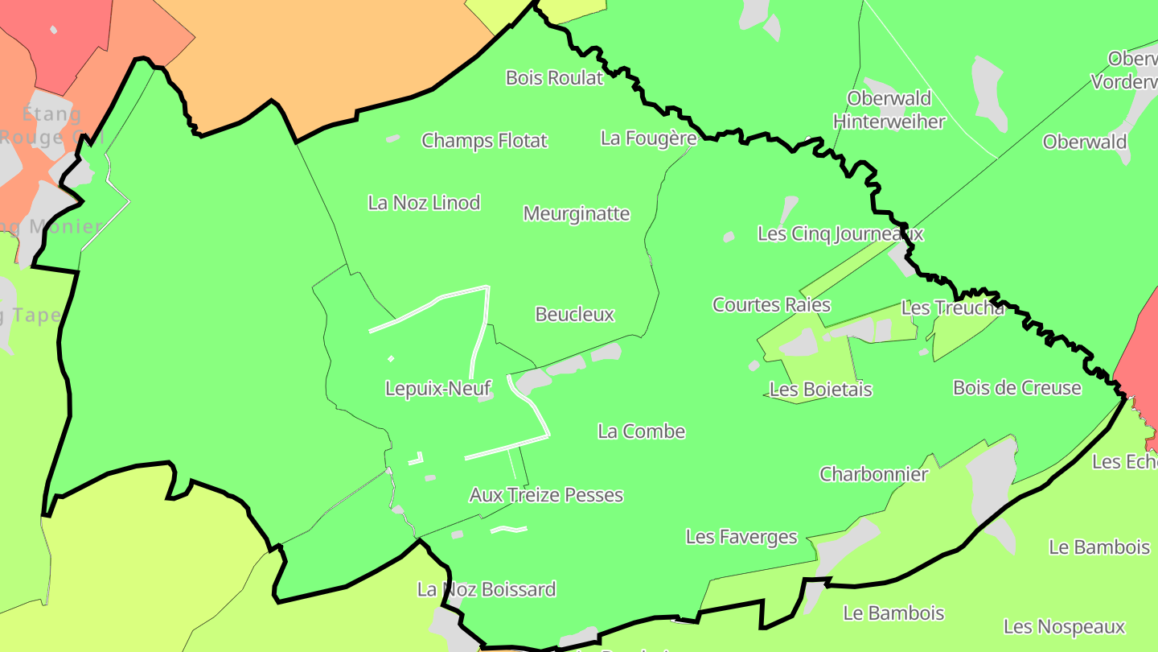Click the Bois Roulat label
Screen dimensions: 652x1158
(554, 78)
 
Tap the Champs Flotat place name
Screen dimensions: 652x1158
(484, 141)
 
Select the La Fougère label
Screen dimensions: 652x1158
(648, 138)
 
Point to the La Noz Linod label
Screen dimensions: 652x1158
(424, 203)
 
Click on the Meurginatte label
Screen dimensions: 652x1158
(577, 214)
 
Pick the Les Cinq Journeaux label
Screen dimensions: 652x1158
(840, 234)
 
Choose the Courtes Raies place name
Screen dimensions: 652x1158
(771, 305)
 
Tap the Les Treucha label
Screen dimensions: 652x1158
(953, 307)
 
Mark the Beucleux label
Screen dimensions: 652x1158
(575, 315)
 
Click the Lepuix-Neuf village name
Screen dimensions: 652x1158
(438, 389)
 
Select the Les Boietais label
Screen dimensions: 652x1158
(821, 390)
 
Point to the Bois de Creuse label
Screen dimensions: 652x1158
(1017, 388)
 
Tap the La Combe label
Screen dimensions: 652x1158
(642, 431)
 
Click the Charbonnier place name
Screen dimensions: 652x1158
(873, 474)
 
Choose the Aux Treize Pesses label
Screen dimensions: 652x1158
(546, 495)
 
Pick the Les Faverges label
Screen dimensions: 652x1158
(741, 537)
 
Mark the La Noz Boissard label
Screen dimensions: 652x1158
(486, 590)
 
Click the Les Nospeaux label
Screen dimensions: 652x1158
(1064, 627)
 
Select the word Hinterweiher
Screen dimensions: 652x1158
(889, 122)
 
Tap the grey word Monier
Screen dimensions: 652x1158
(66, 226)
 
